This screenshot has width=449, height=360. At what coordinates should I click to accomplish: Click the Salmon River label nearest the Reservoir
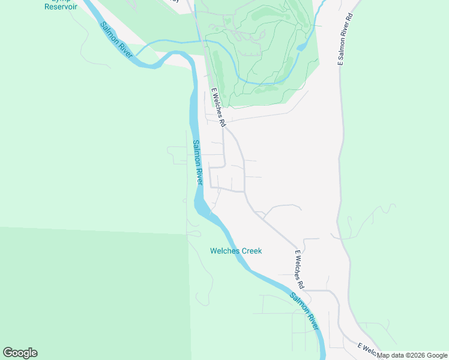[116, 40]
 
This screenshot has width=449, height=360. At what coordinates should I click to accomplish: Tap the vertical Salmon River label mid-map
[198, 163]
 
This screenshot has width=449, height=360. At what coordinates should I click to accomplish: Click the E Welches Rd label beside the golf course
[217, 108]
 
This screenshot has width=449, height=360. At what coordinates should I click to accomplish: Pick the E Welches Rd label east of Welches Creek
[300, 268]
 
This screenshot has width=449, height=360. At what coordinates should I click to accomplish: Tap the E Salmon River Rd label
[345, 37]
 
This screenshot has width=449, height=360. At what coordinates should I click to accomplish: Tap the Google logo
[20, 353]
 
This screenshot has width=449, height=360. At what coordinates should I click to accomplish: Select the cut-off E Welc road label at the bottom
[367, 349]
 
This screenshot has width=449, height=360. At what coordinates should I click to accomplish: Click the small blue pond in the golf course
[302, 46]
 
